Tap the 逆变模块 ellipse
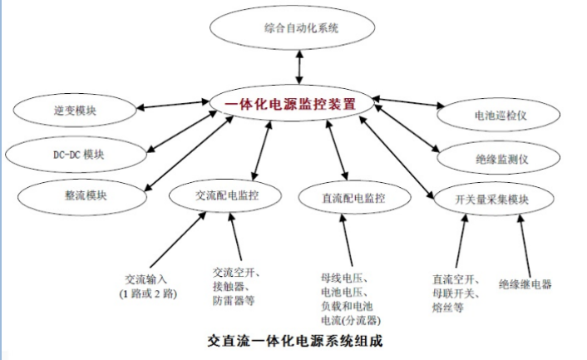(76, 110)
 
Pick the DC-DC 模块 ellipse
(73, 155)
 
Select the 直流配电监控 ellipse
(353, 198)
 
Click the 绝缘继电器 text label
(525, 284)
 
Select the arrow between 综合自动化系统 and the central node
(297, 67)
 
